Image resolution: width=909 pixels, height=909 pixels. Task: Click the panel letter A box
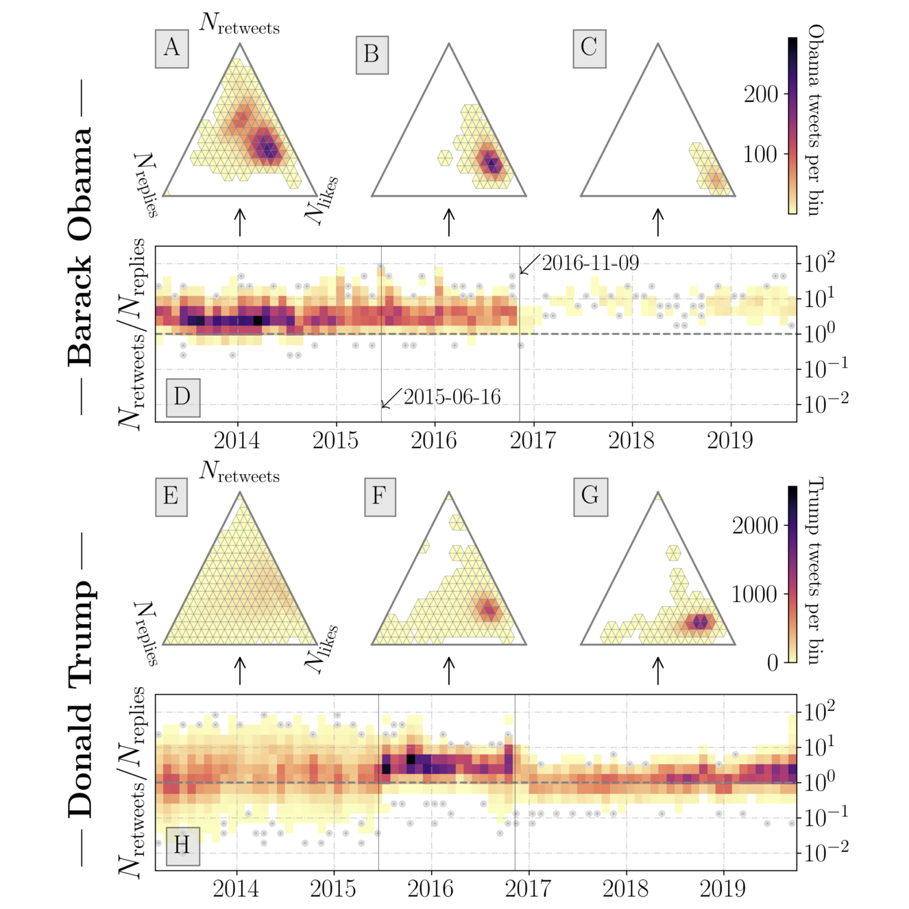coord(171,48)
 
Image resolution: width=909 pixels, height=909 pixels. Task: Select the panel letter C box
coord(590,48)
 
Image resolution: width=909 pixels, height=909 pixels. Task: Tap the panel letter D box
coord(182,397)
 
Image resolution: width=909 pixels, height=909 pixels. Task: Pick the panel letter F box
coord(380,496)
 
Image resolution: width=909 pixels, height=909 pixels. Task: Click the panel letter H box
coord(182,846)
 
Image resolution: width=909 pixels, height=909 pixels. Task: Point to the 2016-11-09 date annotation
coord(590,263)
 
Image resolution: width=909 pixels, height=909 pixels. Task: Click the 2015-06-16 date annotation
coord(452,397)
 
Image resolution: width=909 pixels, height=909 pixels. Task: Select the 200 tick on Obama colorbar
coord(761,94)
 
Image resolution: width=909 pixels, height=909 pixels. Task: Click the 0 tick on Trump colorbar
coord(773,662)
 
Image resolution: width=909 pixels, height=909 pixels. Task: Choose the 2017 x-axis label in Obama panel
coord(533,440)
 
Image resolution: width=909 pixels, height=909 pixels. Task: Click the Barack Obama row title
coord(81,247)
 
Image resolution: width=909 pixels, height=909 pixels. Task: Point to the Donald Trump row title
coord(81,699)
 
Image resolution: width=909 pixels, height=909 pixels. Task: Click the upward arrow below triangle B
coord(449,223)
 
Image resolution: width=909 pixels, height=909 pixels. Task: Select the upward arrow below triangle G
coord(658,671)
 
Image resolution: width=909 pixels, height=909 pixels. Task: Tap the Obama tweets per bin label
coord(815,120)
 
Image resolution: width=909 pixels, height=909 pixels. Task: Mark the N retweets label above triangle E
coord(239,472)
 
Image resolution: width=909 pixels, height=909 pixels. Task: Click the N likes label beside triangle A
coord(322,201)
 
